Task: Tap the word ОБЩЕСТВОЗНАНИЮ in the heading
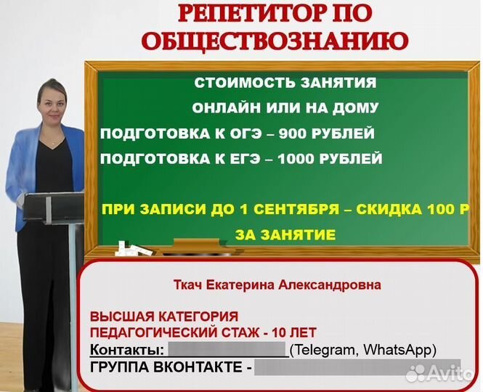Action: [x=275, y=41]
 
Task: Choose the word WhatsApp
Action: [x=399, y=350]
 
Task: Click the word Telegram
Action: [x=323, y=350]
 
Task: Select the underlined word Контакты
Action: [x=126, y=350]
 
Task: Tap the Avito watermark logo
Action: [x=439, y=373]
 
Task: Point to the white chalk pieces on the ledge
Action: [x=133, y=248]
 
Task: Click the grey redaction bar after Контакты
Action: [x=227, y=349]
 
